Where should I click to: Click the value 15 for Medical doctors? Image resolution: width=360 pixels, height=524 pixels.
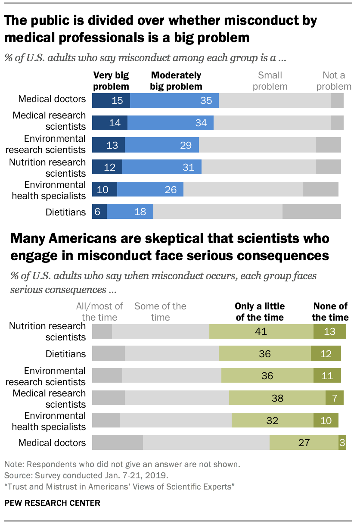click(x=111, y=100)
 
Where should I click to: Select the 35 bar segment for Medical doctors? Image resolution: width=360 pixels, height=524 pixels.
click(x=174, y=100)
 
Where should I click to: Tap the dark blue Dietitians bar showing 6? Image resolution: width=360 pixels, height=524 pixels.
click(x=99, y=212)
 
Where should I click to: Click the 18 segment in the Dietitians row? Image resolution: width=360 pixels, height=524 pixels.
click(x=130, y=212)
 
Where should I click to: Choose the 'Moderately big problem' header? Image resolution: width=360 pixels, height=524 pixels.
click(x=176, y=81)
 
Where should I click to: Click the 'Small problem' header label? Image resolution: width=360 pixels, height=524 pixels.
click(x=270, y=81)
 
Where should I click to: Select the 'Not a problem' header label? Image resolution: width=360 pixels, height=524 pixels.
click(x=334, y=81)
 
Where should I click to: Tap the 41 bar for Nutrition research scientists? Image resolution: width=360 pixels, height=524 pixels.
click(x=261, y=331)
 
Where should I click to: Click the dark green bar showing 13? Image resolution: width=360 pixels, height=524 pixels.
click(x=330, y=331)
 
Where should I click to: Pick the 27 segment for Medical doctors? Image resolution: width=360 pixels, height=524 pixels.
click(x=304, y=443)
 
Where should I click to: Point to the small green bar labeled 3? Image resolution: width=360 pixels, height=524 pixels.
click(x=342, y=443)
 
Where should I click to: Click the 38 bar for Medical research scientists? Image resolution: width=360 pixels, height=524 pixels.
click(x=277, y=398)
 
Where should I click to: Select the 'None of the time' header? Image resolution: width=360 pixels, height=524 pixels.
click(x=330, y=312)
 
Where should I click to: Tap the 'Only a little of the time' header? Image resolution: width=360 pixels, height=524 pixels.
click(x=260, y=312)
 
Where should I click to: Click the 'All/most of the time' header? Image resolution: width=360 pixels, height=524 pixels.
click(x=99, y=312)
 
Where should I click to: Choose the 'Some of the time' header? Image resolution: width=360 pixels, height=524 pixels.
click(x=160, y=312)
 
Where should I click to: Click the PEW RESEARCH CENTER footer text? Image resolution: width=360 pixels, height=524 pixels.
click(x=52, y=503)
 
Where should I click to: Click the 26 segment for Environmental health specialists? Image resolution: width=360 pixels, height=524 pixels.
click(x=150, y=189)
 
